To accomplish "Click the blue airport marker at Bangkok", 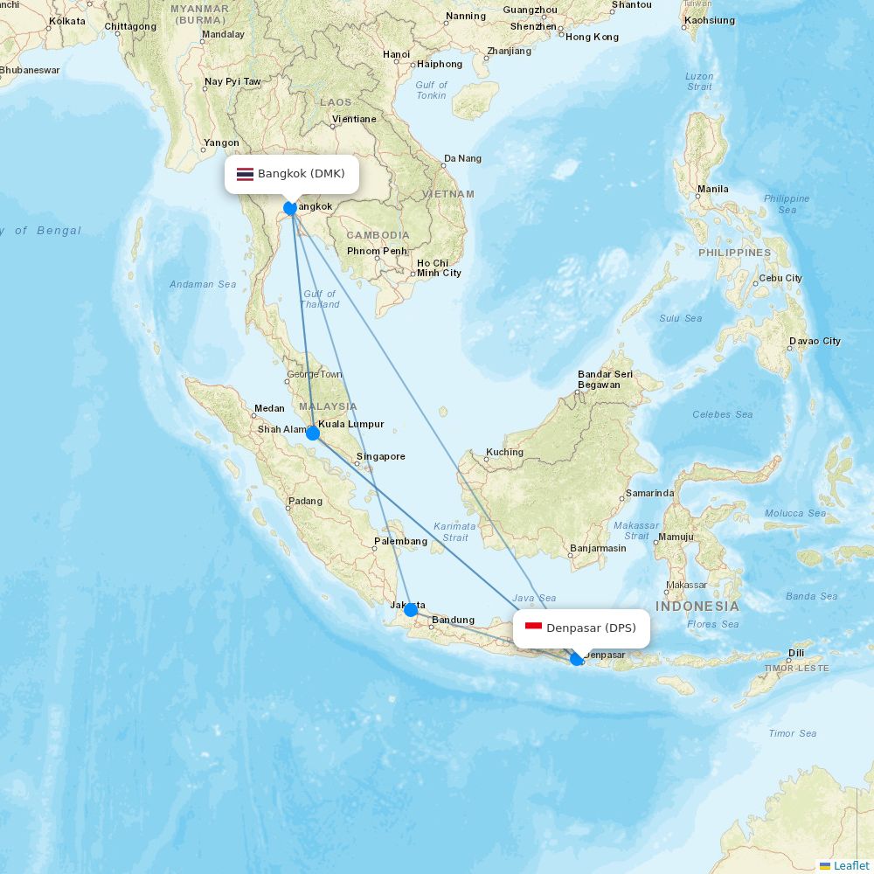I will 290,209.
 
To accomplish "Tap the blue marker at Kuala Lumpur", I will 312,433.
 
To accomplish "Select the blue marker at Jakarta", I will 410,610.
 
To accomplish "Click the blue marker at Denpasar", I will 577,659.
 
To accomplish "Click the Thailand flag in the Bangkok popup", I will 245,174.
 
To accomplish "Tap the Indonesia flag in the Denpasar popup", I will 533,628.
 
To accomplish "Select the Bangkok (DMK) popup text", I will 301,174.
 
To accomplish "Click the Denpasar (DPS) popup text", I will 591,628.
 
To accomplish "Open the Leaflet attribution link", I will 851,865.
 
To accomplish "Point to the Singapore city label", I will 380,456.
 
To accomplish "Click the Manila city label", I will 713,189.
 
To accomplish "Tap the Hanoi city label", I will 396,54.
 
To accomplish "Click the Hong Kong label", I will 593,37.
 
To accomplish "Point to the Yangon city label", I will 221,142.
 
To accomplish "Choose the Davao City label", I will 815,341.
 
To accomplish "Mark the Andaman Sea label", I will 203,284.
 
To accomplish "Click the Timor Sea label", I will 793,733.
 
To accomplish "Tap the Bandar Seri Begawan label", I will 604,379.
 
